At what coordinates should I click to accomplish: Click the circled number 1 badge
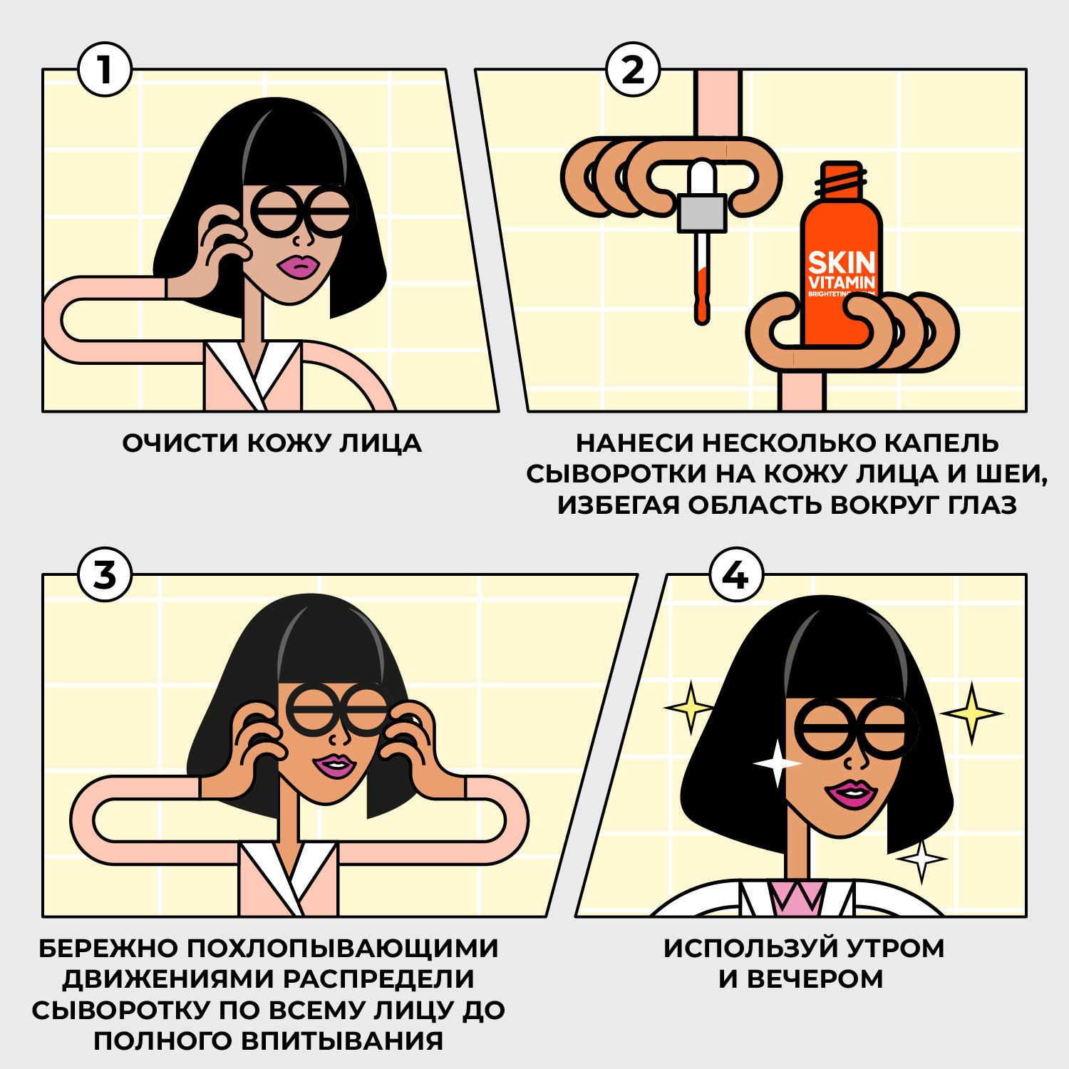click(x=105, y=69)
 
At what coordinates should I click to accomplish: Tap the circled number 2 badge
click(x=633, y=69)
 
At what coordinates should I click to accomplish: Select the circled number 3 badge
click(x=105, y=574)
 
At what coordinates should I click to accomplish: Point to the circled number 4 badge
click(x=736, y=574)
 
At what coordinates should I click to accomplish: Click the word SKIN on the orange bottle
click(x=841, y=262)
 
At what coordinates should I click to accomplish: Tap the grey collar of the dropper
click(x=702, y=213)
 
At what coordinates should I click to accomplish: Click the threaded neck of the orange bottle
click(x=842, y=182)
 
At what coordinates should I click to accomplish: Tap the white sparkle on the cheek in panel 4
click(x=777, y=763)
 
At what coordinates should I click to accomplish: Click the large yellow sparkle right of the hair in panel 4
click(x=971, y=713)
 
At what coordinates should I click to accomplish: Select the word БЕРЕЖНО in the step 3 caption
click(x=107, y=949)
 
